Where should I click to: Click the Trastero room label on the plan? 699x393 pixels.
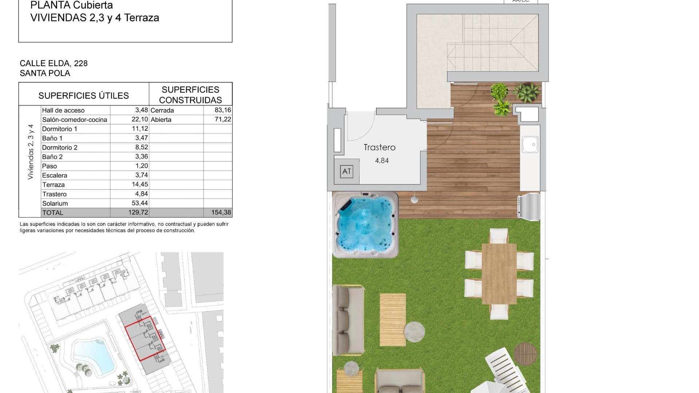pyautogui.click(x=379, y=147)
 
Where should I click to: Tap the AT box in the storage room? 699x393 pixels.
pyautogui.click(x=347, y=171)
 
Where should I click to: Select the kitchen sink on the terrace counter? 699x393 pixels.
pyautogui.click(x=530, y=144)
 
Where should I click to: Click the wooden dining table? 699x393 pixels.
pyautogui.click(x=499, y=274)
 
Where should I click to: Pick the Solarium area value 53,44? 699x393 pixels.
pyautogui.click(x=140, y=203)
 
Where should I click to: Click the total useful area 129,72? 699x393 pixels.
pyautogui.click(x=138, y=213)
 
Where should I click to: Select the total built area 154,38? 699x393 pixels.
pyautogui.click(x=221, y=213)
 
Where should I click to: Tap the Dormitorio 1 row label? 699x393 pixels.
pyautogui.click(x=60, y=129)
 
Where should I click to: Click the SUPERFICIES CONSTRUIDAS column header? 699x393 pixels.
pyautogui.click(x=190, y=95)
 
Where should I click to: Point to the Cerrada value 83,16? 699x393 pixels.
pyautogui.click(x=223, y=110)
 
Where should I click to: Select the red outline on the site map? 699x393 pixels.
pyautogui.click(x=145, y=338)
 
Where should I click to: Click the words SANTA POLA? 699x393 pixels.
pyautogui.click(x=45, y=73)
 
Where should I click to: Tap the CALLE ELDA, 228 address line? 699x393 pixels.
pyautogui.click(x=54, y=63)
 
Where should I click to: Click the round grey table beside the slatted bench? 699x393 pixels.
pyautogui.click(x=414, y=332)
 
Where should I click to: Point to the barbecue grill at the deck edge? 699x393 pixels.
pyautogui.click(x=529, y=207)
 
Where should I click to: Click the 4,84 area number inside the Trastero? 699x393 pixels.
pyautogui.click(x=382, y=160)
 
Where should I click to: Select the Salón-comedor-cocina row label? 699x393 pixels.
pyautogui.click(x=75, y=120)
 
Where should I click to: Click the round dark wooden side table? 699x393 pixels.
pyautogui.click(x=525, y=354)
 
